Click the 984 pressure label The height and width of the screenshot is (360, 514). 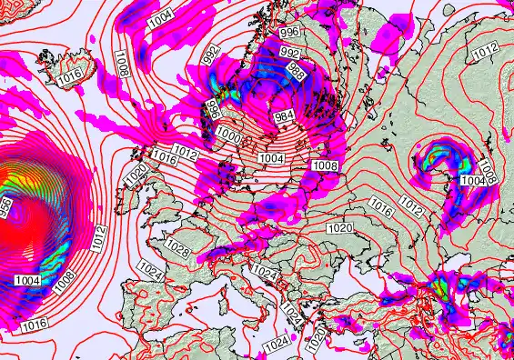283,115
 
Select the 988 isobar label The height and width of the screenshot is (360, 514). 296,70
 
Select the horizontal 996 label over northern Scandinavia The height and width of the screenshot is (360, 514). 289,32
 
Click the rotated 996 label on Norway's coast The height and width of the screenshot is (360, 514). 213,111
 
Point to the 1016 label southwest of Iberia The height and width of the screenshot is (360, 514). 35,324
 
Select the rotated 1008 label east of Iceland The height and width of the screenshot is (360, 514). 122,63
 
